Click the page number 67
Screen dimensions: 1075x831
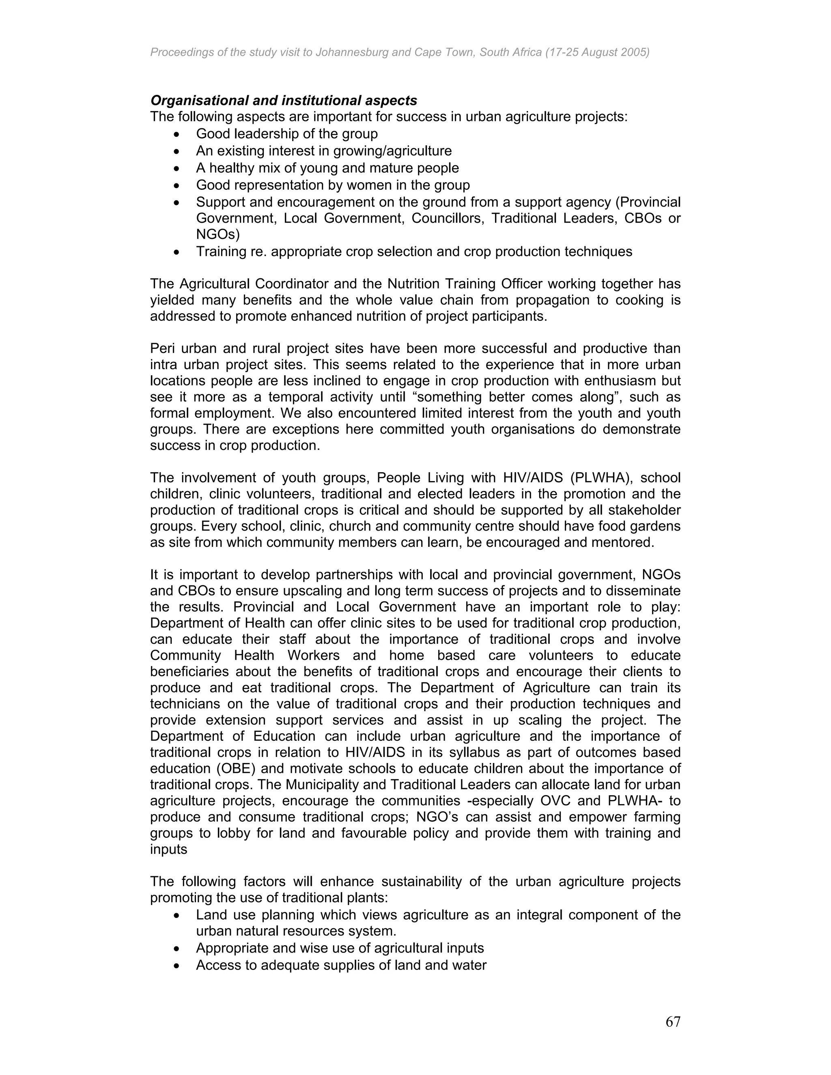pyautogui.click(x=672, y=1022)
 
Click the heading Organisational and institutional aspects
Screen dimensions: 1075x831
pyautogui.click(x=284, y=101)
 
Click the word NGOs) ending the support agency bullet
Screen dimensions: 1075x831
pyautogui.click(x=217, y=234)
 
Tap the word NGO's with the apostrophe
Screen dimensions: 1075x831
pyautogui.click(x=436, y=817)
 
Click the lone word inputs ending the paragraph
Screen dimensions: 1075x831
pyautogui.click(x=168, y=849)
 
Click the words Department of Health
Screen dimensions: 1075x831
pyautogui.click(x=217, y=623)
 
